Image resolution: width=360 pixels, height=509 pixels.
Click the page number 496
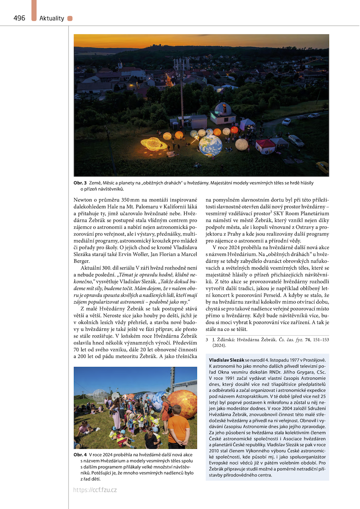(19, 18)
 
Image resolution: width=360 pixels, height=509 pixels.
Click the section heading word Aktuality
(52, 19)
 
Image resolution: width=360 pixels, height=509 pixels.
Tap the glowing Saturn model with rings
(154, 144)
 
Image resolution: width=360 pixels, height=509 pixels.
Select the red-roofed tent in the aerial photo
(265, 146)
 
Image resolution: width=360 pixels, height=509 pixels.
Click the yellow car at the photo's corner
(323, 167)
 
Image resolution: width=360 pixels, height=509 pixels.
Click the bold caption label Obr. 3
(80, 183)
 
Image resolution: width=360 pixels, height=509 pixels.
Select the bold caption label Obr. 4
(80, 455)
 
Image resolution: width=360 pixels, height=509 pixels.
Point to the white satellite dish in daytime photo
(115, 396)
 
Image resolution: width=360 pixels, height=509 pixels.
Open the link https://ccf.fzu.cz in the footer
(95, 490)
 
